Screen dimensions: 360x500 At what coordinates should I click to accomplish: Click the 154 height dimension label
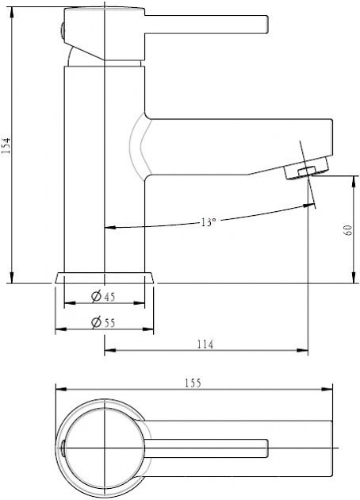6,146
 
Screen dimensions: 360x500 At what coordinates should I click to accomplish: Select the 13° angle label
209,222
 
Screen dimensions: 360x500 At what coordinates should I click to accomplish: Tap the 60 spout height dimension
348,230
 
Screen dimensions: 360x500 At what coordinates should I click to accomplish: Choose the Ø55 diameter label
103,323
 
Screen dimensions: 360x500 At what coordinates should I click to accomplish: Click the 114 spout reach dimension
205,344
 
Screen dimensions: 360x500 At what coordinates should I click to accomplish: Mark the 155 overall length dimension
193,383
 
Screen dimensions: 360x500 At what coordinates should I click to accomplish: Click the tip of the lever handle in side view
267,25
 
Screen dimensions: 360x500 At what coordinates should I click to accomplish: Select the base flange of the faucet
105,278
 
